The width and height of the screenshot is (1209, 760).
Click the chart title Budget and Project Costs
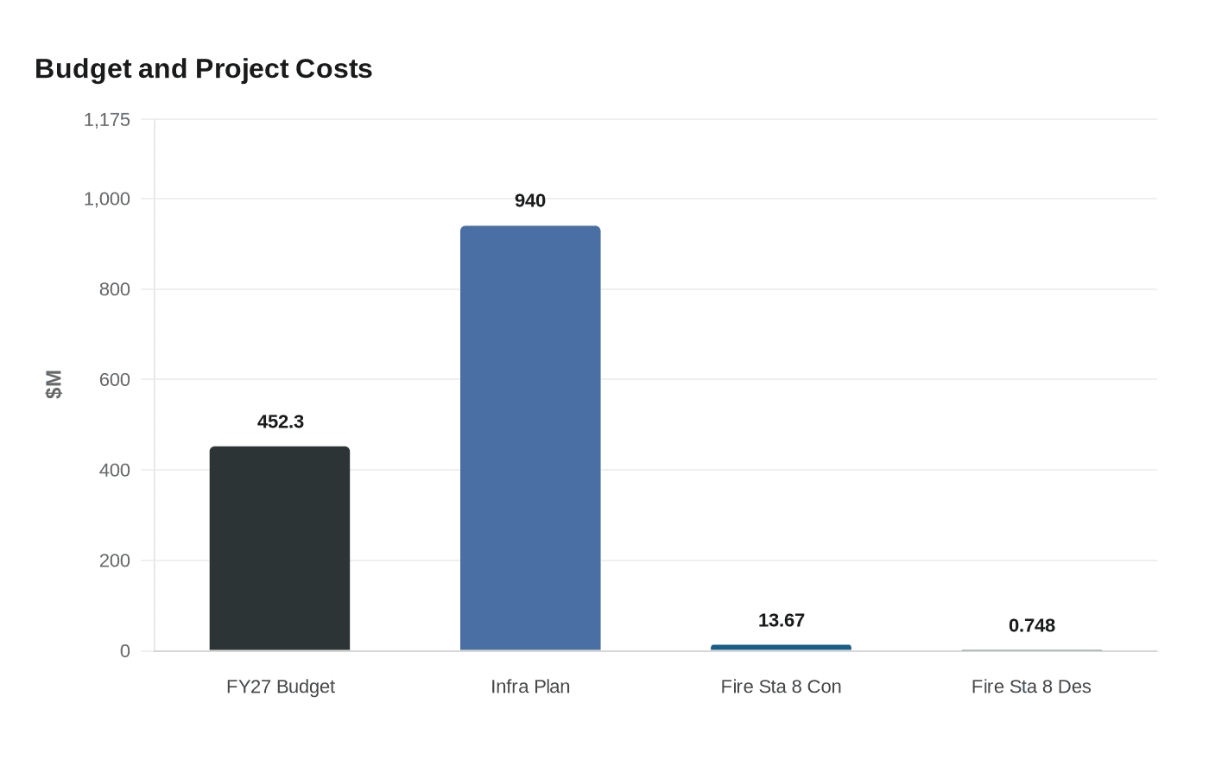click(x=204, y=69)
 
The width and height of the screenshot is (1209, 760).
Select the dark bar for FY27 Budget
click(x=280, y=548)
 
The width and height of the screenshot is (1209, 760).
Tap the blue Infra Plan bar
click(x=530, y=438)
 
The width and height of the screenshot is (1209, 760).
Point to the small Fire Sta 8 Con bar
click(x=781, y=647)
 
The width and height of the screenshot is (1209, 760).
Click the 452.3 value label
click(x=281, y=421)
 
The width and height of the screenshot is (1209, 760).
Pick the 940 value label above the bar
click(x=530, y=200)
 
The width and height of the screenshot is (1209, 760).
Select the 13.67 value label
click(x=781, y=620)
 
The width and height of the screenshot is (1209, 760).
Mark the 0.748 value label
click(x=1031, y=625)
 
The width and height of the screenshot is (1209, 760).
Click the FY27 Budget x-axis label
click(x=281, y=687)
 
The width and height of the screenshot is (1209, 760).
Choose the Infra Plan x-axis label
click(x=530, y=687)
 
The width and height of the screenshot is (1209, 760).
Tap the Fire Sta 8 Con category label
click(x=781, y=687)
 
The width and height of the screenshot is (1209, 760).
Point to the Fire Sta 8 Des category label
click(x=1031, y=687)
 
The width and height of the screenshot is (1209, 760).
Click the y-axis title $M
click(x=54, y=384)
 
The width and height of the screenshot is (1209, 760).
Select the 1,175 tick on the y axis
click(x=107, y=119)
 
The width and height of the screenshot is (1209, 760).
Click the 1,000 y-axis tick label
click(x=107, y=199)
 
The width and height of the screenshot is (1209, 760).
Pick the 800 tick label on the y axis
click(x=115, y=289)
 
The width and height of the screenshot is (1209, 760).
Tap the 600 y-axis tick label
click(x=115, y=379)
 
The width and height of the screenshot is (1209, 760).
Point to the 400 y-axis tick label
click(x=115, y=470)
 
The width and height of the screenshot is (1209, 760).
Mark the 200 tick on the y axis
click(x=115, y=560)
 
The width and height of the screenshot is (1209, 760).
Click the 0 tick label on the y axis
click(x=125, y=651)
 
